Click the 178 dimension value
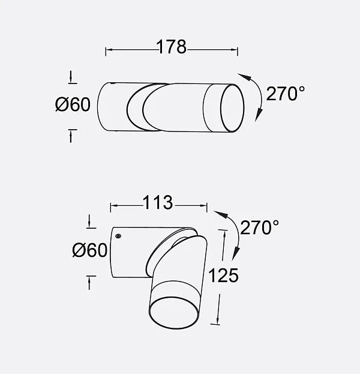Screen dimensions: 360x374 click(x=171, y=47)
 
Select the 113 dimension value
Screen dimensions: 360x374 click(x=158, y=202)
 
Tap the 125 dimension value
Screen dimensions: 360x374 click(x=223, y=276)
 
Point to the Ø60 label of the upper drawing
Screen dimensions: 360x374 click(x=73, y=104)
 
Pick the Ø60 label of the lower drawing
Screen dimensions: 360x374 click(x=89, y=250)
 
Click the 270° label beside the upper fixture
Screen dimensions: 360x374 click(x=286, y=94)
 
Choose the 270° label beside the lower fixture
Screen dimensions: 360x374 click(x=259, y=228)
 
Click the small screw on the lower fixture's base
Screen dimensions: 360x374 click(x=118, y=236)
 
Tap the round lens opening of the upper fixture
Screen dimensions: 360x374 click(x=232, y=108)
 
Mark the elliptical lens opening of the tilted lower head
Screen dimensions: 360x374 click(x=173, y=313)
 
